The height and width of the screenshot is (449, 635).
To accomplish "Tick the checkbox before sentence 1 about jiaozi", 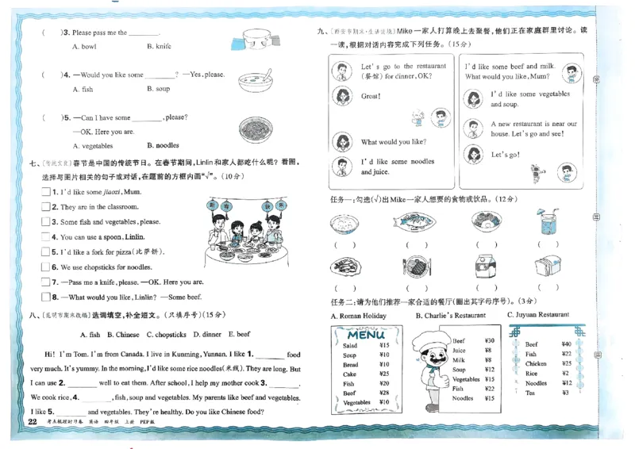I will [x=45, y=192].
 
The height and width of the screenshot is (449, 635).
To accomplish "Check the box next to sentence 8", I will [x=45, y=297].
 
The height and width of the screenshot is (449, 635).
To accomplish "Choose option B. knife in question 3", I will [x=159, y=47].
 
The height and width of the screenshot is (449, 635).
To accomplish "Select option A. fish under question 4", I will [x=83, y=90].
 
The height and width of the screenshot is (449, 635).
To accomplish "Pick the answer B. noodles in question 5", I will [x=163, y=146].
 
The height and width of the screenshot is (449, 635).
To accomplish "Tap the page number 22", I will [x=33, y=421].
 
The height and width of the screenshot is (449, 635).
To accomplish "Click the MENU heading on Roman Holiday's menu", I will [x=367, y=334].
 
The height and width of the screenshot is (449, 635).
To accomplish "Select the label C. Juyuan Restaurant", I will [x=538, y=315].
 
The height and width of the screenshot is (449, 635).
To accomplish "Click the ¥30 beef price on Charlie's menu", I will [x=489, y=340].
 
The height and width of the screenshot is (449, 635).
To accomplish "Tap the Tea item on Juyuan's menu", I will [x=530, y=393].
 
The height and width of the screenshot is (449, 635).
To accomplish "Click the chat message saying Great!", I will [x=371, y=96].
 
